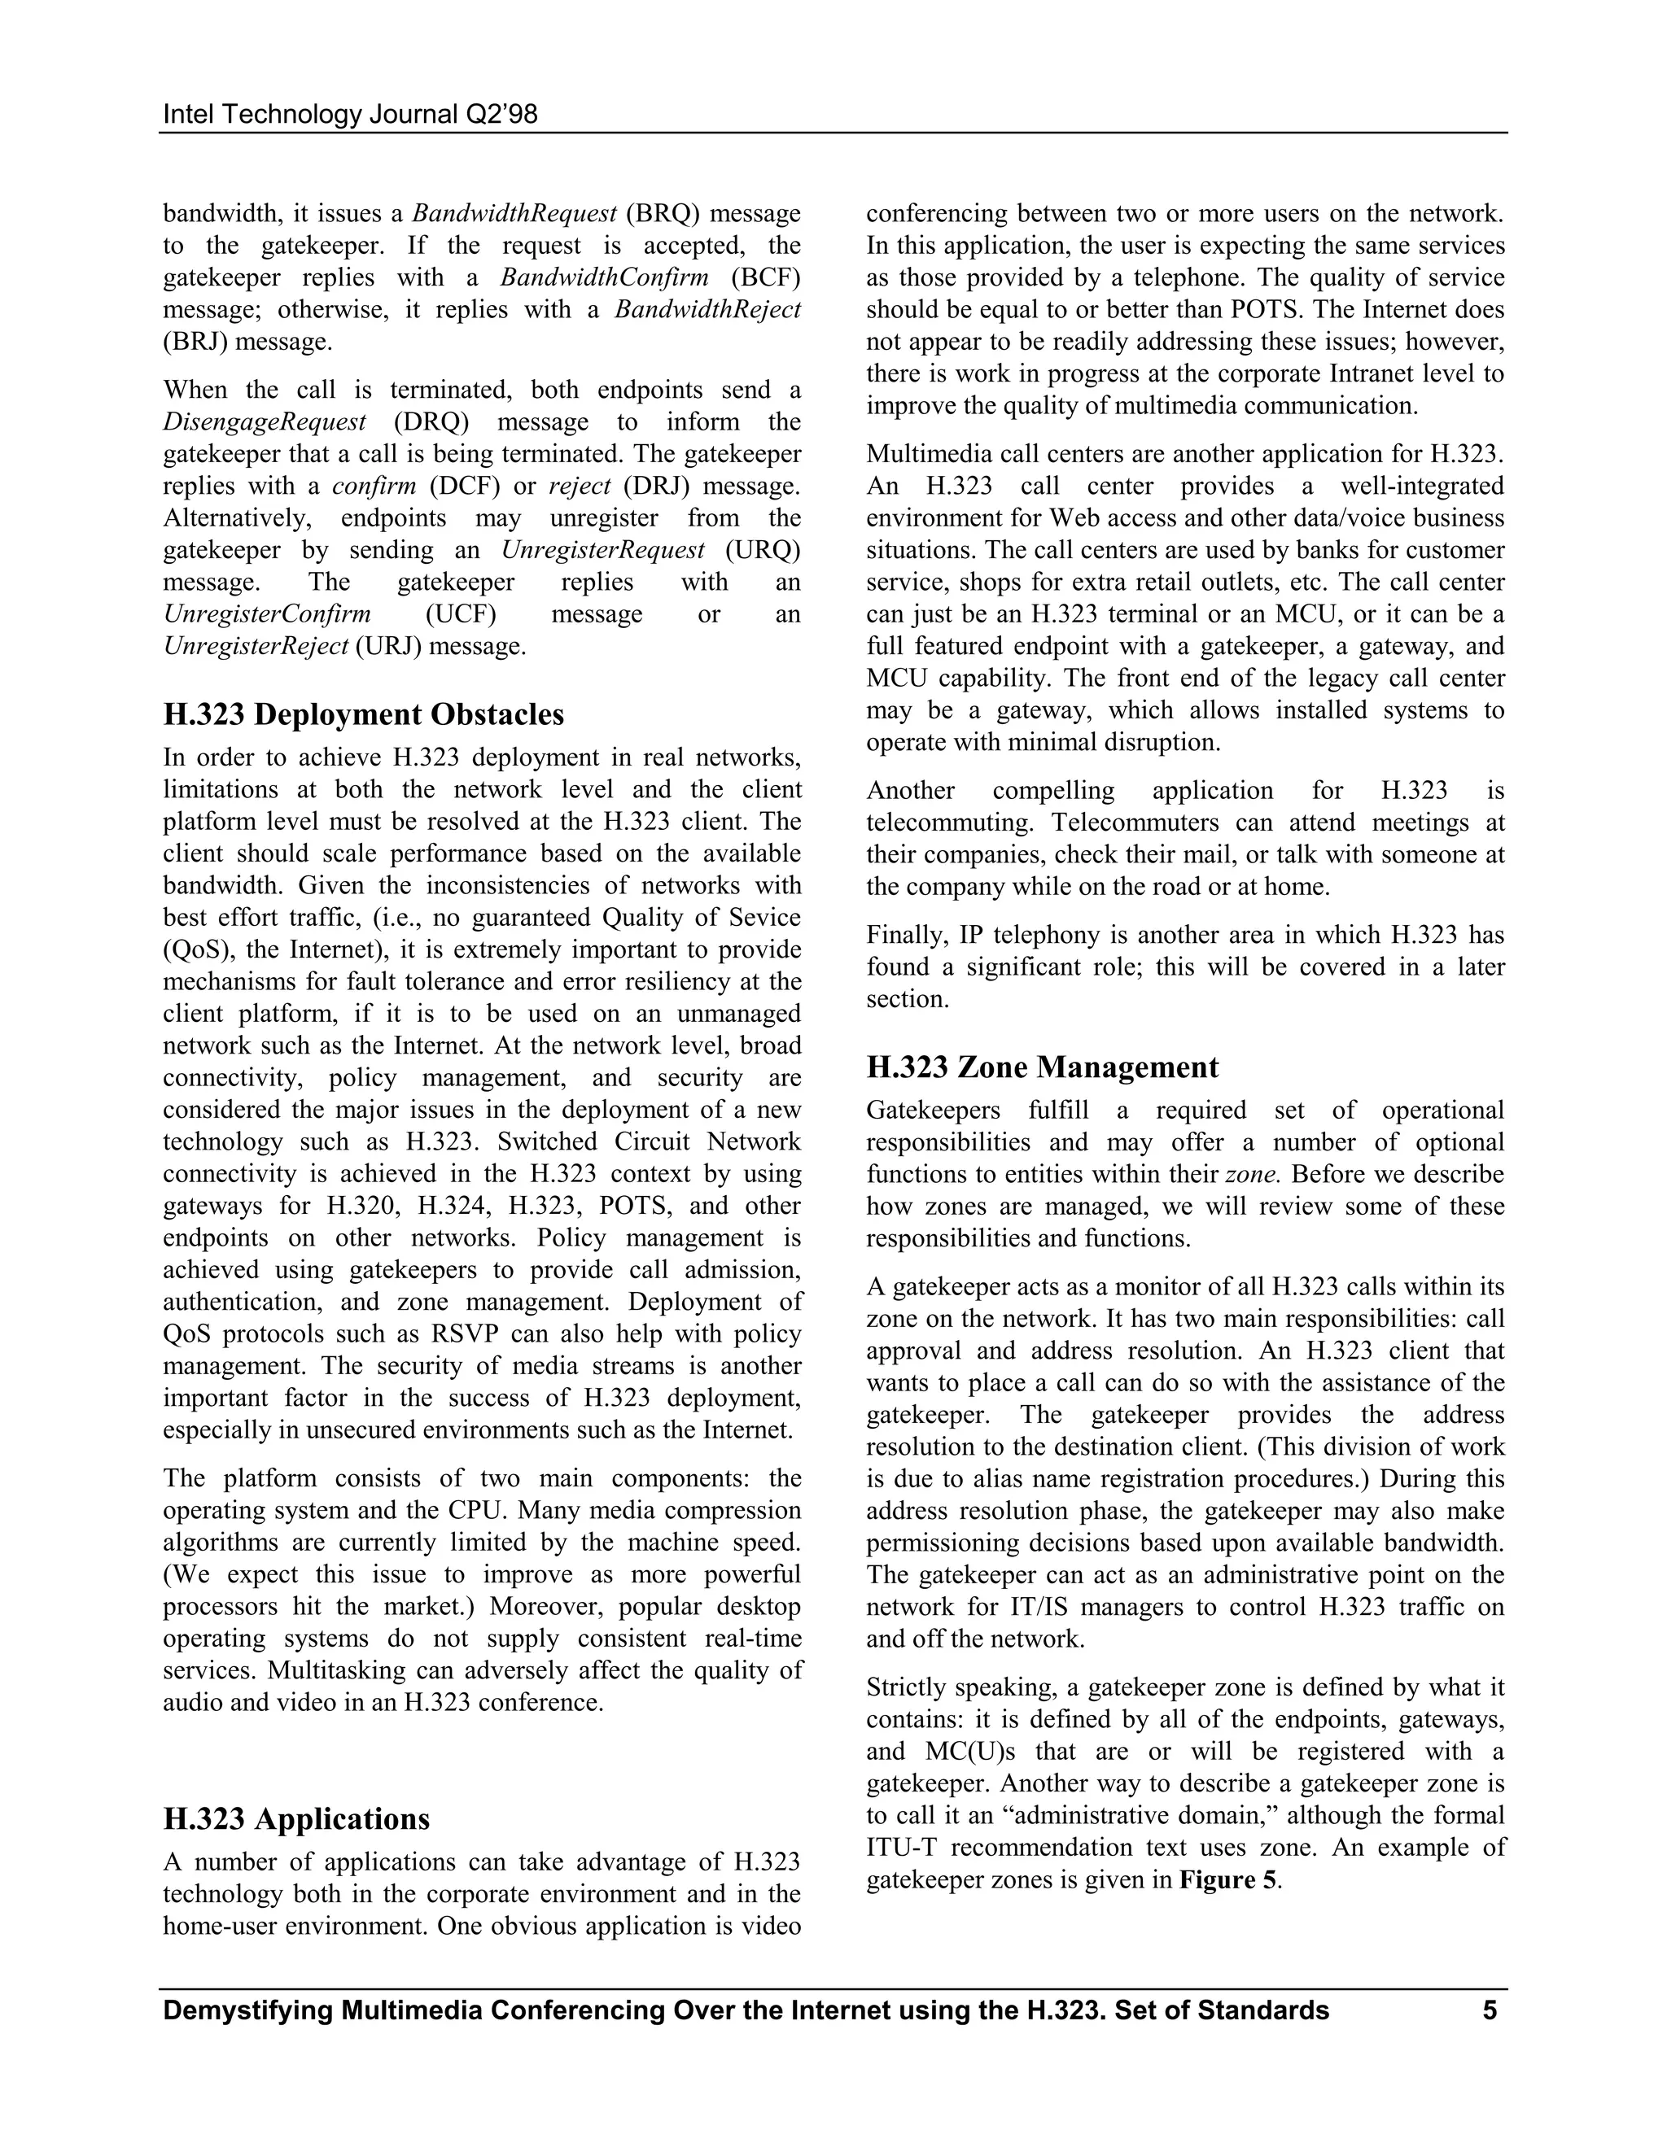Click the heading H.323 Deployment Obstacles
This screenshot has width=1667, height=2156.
(x=363, y=714)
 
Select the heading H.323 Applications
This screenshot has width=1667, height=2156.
(x=296, y=1818)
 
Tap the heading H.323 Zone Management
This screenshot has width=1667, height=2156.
(x=1042, y=1067)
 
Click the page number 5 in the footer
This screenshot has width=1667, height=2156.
(x=1490, y=2011)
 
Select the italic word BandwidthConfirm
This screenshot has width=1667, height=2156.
(x=603, y=277)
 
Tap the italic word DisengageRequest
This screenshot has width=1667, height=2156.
(x=265, y=421)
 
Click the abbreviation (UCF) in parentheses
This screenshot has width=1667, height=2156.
(x=460, y=614)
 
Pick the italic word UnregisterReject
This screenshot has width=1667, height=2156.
(x=256, y=647)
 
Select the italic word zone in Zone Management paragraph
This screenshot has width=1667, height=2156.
(x=1254, y=1175)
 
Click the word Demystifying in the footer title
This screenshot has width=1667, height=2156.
(x=245, y=2011)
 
